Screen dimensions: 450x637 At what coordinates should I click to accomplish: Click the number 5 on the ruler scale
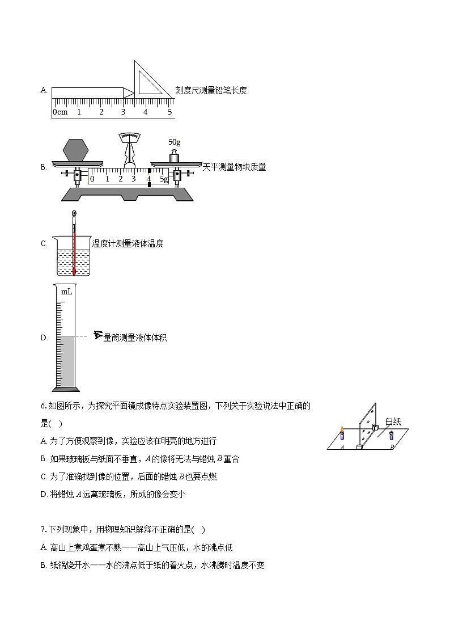click(x=169, y=112)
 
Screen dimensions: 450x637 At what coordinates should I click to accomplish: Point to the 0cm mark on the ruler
click(x=60, y=112)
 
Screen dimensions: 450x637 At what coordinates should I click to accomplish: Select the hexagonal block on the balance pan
click(x=76, y=150)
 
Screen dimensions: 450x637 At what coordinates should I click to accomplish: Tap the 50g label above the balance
click(x=175, y=142)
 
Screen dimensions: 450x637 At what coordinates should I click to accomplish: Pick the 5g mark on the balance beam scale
click(x=163, y=179)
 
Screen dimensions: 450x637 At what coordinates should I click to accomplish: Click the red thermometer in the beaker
click(x=74, y=244)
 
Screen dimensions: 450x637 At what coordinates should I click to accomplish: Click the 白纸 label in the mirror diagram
click(x=393, y=421)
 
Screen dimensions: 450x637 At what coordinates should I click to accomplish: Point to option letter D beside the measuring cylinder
click(x=44, y=338)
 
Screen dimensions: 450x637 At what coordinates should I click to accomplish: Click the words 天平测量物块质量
click(x=234, y=167)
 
